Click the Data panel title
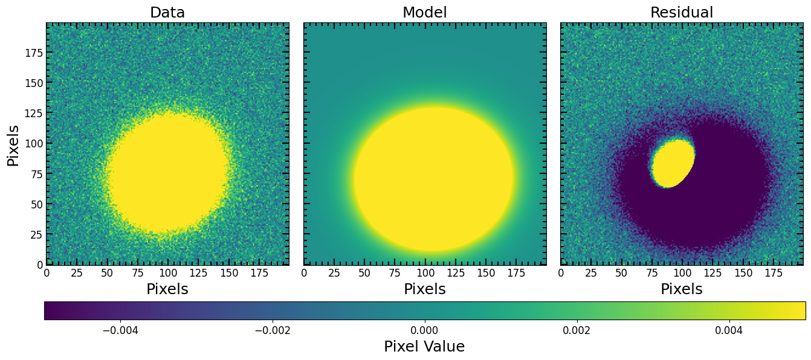coord(167,12)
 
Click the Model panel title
coord(425,12)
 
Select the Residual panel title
coord(682,12)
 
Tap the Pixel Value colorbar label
coord(424,346)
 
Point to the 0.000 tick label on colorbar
coord(425,330)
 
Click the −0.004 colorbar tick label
coord(120,330)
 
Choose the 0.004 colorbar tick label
coord(729,330)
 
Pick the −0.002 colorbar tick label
coord(273,330)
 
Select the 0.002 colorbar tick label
coord(577,330)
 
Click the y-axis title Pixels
coord(13,146)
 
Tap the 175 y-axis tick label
coord(34,53)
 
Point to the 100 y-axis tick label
coord(34,144)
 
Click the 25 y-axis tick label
coord(37,234)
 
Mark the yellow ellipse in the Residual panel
coord(673,164)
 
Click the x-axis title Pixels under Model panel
coord(425,289)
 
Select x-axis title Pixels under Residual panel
coord(682,289)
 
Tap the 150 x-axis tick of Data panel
coord(229,273)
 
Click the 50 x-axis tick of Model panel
coord(364,273)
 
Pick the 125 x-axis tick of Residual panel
coord(713,273)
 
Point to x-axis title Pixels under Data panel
coord(167,289)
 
